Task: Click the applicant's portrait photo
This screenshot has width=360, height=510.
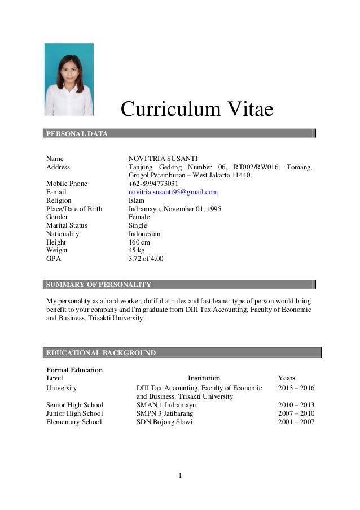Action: coord(69,80)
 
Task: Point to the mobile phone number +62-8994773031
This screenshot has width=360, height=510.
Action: coord(153,184)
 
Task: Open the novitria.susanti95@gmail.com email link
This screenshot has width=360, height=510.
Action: coord(173,192)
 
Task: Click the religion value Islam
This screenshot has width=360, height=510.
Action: coord(137,200)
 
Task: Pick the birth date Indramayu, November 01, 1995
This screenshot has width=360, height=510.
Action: coord(175,209)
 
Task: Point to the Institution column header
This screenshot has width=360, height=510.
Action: coord(204,378)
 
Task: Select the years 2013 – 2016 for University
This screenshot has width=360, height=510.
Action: coord(296,388)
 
